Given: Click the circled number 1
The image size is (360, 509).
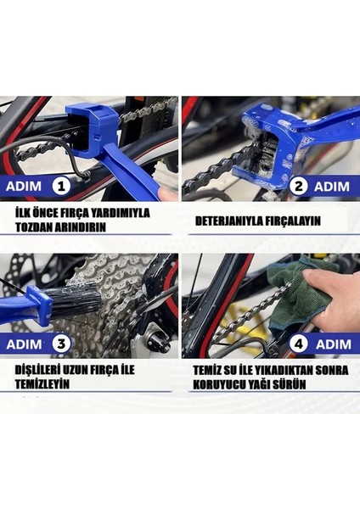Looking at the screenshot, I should (x=60, y=186).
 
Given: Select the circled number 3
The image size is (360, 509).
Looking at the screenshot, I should (x=60, y=344).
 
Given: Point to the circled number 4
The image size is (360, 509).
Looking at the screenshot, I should (x=299, y=344).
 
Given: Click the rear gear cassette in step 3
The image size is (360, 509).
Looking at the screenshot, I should (x=110, y=288).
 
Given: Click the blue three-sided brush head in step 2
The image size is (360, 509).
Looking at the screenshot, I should (x=256, y=136).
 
